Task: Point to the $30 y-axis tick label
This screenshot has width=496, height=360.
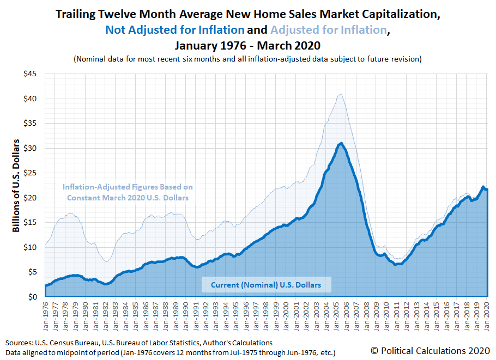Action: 31,148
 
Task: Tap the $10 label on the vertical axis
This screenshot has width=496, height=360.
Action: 31,247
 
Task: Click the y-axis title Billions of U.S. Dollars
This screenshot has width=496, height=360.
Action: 16,185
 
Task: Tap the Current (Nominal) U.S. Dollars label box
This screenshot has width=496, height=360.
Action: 266,284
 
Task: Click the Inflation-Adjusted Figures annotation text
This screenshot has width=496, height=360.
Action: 128,192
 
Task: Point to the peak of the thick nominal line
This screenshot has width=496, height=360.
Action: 341,143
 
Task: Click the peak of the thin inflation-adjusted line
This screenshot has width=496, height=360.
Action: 341,94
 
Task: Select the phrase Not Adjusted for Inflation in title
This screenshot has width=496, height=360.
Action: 175,30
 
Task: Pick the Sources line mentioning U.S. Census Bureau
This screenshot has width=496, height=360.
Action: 139,343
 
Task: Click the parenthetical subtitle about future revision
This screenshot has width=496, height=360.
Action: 248,59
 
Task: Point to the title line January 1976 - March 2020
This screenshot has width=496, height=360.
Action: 248,45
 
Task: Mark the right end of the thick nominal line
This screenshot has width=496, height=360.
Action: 487,190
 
